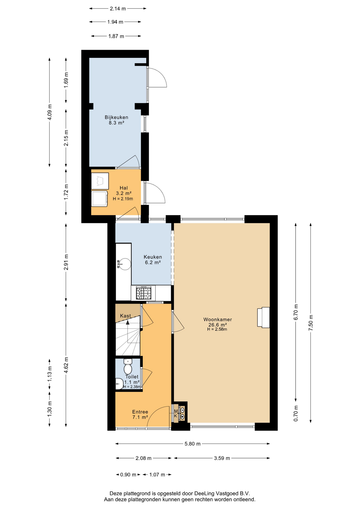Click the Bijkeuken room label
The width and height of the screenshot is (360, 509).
coord(116,117)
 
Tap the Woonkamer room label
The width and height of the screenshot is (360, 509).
coord(218,319)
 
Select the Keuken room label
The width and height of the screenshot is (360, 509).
coord(153,257)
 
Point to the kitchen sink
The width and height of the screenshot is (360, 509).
coord(124,264)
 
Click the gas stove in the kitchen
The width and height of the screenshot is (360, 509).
coord(144,293)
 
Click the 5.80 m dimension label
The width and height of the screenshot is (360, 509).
coord(192,444)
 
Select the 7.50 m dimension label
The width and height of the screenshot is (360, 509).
coord(311,322)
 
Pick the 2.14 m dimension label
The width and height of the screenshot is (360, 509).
coord(118,9)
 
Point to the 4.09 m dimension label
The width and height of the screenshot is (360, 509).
coord(50,112)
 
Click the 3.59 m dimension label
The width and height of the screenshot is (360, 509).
coord(222,458)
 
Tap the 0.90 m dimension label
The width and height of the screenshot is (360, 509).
coord(128,475)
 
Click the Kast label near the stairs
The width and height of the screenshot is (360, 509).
coord(125,316)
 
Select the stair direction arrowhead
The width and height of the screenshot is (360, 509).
coord(128,322)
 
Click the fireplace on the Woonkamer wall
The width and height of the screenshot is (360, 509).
coord(263,317)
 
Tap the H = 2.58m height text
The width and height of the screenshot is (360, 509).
coord(217,330)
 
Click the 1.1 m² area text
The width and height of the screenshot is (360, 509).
coord(132,382)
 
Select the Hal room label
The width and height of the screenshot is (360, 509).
coord(124,188)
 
